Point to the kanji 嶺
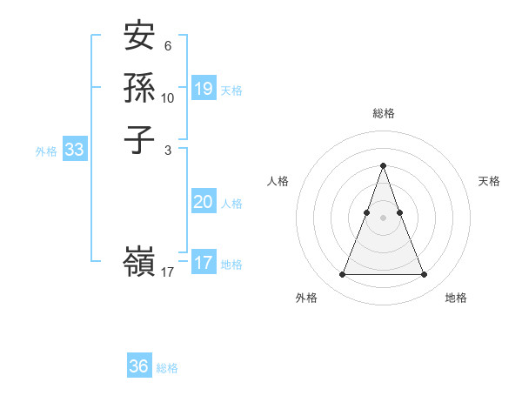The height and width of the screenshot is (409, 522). pyautogui.click(x=139, y=261)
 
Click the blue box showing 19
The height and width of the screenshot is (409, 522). pyautogui.click(x=204, y=88)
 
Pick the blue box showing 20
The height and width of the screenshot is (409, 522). pyautogui.click(x=204, y=202)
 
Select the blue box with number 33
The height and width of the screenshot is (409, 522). pyautogui.click(x=75, y=150)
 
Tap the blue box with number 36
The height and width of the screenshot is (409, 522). pyautogui.click(x=139, y=366)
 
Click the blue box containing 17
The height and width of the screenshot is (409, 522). pyautogui.click(x=204, y=263)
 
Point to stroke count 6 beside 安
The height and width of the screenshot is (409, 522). pyautogui.click(x=167, y=46)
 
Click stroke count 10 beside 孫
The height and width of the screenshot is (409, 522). pyautogui.click(x=168, y=97)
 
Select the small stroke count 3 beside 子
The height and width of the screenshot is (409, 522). pyautogui.click(x=167, y=150)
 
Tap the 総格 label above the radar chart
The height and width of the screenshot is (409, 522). pyautogui.click(x=383, y=113)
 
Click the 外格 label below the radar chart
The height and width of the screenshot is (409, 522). pyautogui.click(x=306, y=298)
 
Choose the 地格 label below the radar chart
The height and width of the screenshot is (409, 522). pyautogui.click(x=456, y=298)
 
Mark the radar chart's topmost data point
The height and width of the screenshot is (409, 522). pyautogui.click(x=383, y=165)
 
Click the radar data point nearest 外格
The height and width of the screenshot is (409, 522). pyautogui.click(x=342, y=275)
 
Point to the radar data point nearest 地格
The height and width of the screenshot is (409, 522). pyautogui.click(x=424, y=275)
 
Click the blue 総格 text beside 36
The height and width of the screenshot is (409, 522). pyautogui.click(x=167, y=368)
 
